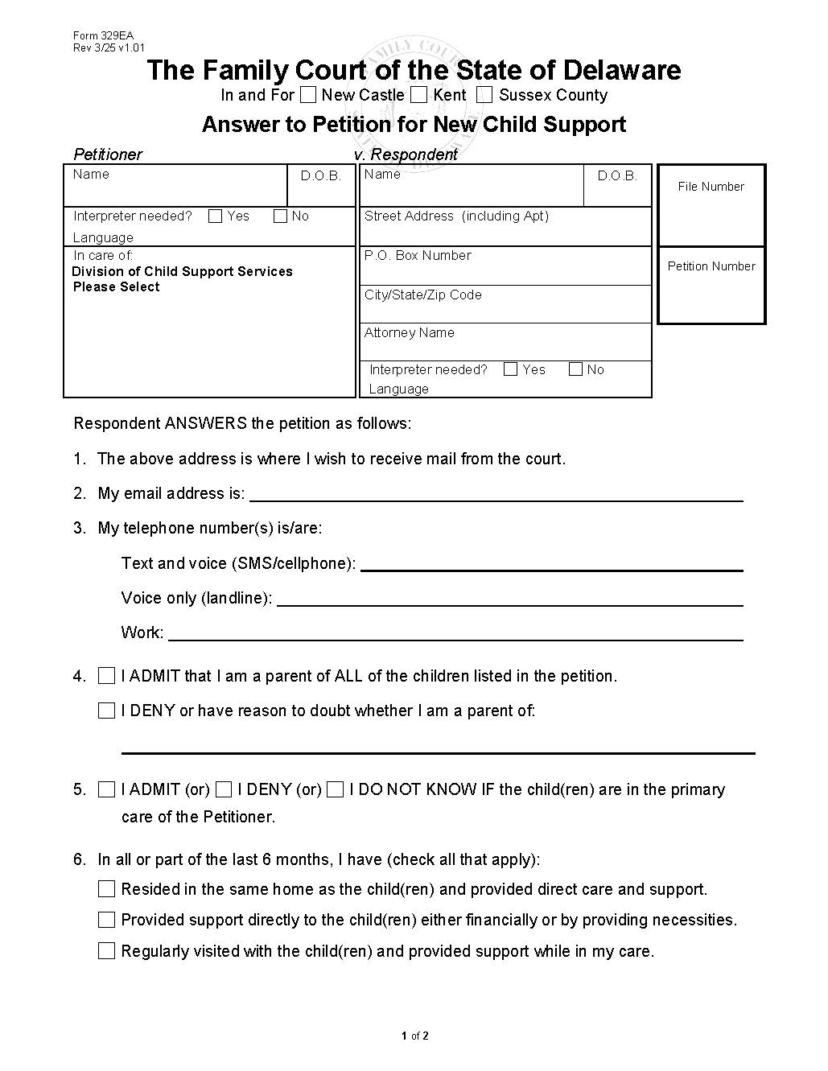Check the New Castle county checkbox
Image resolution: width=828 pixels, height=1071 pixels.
pos(308,95)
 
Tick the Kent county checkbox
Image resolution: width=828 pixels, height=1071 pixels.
pos(418,95)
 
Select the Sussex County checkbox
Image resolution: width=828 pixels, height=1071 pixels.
pos(484,95)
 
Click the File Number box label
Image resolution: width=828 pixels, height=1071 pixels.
pos(711,187)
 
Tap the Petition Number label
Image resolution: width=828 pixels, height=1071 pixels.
pos(711,266)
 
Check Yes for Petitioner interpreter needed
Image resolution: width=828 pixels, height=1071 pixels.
pos(216,216)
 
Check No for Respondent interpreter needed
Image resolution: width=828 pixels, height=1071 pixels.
pos(575,369)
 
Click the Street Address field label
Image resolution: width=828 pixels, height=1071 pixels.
pos(456,216)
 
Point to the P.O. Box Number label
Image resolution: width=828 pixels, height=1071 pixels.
pos(418,255)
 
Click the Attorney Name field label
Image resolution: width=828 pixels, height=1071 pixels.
pos(409,332)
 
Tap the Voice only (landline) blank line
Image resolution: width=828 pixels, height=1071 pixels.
pos(509,599)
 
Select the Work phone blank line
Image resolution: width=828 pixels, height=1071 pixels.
pos(455,633)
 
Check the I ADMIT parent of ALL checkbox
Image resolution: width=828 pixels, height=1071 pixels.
pos(106,676)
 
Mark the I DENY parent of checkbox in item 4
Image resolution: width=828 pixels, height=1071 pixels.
pos(106,711)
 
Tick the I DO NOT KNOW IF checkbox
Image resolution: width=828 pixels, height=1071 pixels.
pos(336,789)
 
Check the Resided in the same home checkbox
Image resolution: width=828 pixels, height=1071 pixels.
pos(106,889)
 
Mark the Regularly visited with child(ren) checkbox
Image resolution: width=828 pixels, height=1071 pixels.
pos(106,951)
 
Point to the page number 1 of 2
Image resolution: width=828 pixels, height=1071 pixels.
pos(414,1036)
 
